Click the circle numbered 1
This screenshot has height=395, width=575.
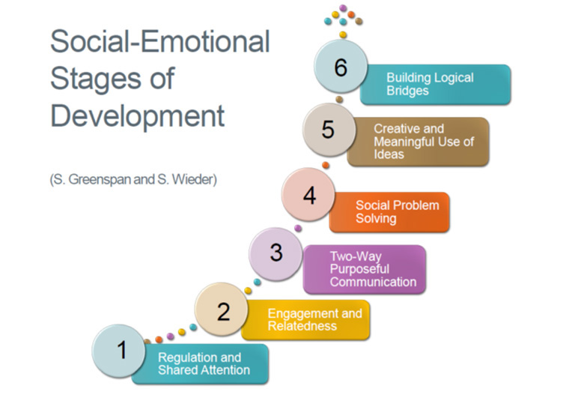119,351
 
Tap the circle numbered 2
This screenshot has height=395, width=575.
222,309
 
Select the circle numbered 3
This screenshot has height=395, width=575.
276,254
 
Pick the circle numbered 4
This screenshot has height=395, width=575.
308,195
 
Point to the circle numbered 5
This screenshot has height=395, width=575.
329,130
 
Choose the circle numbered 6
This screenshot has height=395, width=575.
341,66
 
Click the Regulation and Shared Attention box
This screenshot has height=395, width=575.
204,364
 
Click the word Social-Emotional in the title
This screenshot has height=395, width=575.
160,41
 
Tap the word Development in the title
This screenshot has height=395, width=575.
138,116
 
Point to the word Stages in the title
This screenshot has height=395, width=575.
96,79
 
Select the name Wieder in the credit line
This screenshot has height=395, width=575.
192,180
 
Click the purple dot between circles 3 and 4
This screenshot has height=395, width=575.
298,229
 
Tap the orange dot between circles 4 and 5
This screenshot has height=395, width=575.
325,165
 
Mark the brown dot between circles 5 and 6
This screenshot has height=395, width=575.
339,99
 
